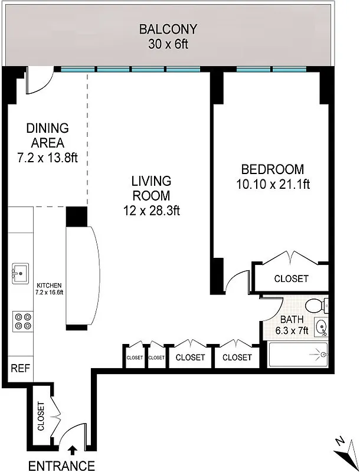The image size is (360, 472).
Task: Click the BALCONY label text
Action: (x=168, y=29)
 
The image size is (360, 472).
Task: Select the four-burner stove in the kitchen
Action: (x=22, y=321)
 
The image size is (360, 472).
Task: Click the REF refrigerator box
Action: (x=19, y=369)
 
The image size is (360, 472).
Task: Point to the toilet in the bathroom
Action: (x=317, y=306)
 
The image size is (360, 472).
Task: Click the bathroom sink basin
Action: (x=320, y=326)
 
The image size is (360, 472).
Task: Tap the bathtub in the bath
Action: (x=298, y=355)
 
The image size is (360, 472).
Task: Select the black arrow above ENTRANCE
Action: (x=72, y=451)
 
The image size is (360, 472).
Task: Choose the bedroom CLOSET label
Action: (x=291, y=278)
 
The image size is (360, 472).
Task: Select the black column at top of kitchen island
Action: (x=76, y=217)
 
